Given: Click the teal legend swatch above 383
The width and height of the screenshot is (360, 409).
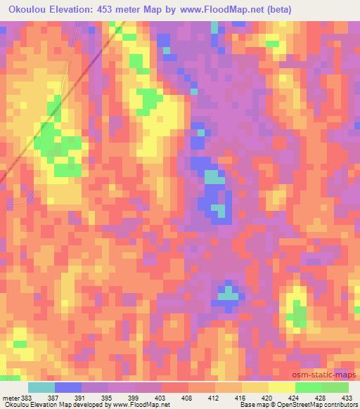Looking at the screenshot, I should (x=41, y=387).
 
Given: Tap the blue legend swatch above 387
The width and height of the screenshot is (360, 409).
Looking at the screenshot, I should (x=67, y=387).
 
